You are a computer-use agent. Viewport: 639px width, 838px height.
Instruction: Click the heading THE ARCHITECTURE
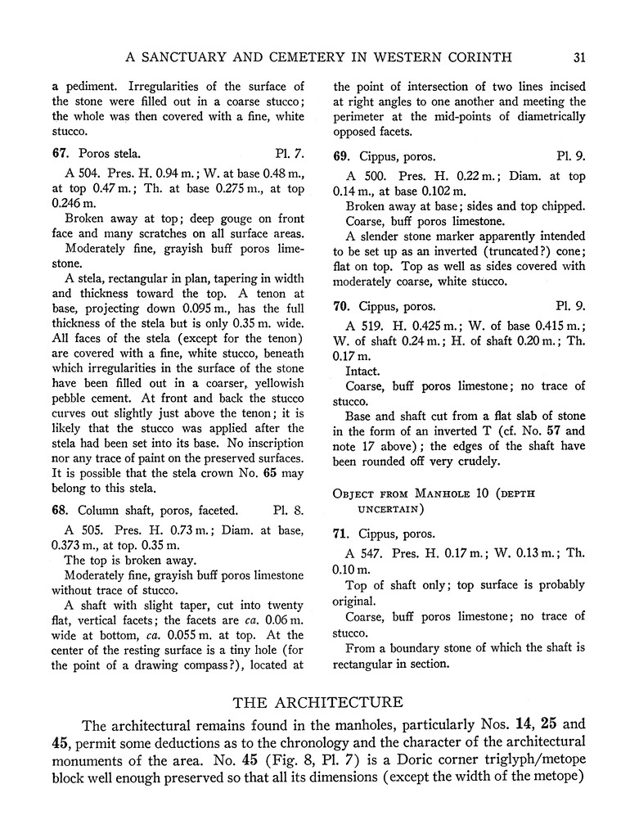point(317,701)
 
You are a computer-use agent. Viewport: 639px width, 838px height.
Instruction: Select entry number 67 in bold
point(58,153)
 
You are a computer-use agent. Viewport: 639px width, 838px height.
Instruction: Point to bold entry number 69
point(340,155)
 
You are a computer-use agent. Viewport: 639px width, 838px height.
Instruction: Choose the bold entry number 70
point(340,306)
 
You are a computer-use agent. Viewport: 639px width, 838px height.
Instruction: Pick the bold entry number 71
point(340,534)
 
